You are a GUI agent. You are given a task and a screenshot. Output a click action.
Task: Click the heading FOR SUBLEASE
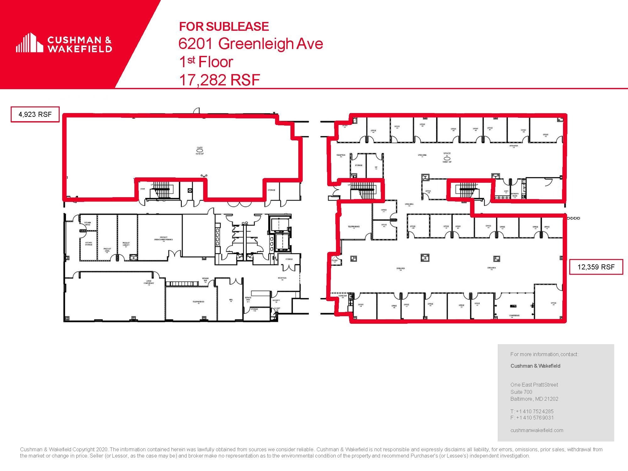224,27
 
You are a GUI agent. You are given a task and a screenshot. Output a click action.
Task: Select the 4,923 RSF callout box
35,114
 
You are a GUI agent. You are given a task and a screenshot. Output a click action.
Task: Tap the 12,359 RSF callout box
596,267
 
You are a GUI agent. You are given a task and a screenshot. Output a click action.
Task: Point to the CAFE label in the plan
200,148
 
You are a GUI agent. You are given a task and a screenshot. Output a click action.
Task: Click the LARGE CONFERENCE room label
149,282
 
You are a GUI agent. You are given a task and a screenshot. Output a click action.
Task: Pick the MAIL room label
231,300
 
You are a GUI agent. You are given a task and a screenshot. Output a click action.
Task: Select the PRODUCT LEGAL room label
107,250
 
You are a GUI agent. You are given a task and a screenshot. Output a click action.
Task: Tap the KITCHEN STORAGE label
89,243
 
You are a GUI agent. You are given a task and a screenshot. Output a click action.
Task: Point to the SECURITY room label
276,300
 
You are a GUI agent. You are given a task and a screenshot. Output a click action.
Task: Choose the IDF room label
376,168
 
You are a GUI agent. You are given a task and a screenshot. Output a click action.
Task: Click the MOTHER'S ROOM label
515,195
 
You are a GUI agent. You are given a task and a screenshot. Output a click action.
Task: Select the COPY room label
506,192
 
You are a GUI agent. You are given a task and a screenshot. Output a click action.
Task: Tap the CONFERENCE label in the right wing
514,316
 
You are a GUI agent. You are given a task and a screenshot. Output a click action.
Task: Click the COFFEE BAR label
343,296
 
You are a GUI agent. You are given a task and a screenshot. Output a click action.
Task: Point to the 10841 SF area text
447,162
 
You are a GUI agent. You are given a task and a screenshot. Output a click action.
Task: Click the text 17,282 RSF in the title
219,80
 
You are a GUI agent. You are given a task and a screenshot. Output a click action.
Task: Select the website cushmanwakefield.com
537,430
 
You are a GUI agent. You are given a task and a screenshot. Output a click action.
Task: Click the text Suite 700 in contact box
521,392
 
